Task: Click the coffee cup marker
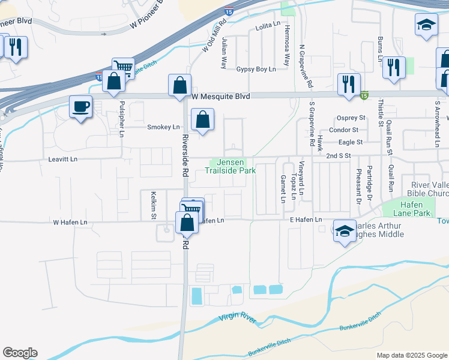(80, 107)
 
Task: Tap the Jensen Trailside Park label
(231, 166)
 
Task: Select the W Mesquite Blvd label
(220, 96)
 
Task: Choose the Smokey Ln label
(163, 127)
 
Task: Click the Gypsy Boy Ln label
(256, 70)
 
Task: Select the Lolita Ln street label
(268, 24)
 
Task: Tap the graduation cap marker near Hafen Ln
(345, 230)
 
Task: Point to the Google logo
(20, 353)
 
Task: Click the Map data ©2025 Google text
(411, 355)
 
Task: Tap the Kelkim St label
(154, 205)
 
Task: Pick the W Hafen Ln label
(70, 222)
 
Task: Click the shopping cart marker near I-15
(122, 68)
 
